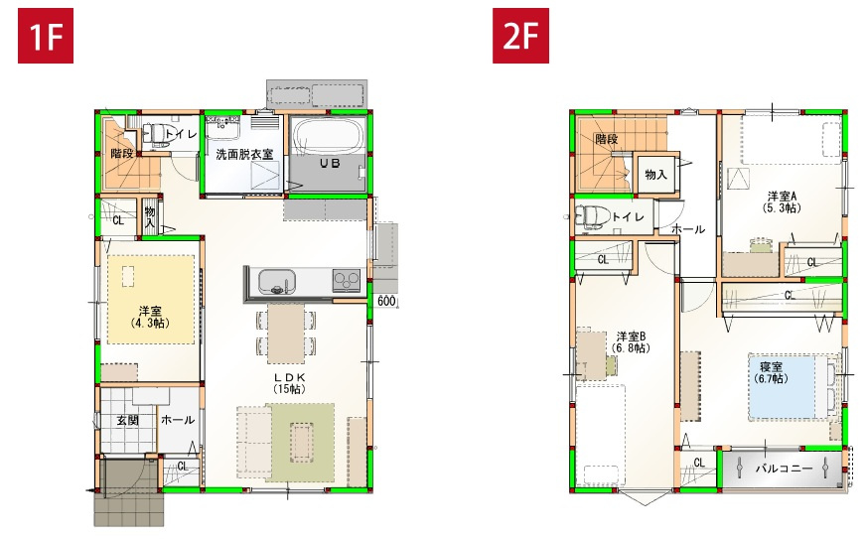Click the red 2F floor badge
click(x=520, y=37)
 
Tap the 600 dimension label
click(x=386, y=302)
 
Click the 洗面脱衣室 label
click(x=244, y=155)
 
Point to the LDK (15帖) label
click(x=287, y=384)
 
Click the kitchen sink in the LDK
click(x=275, y=282)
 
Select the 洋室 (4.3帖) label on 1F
click(x=150, y=317)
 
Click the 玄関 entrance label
click(x=128, y=421)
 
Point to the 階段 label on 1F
click(x=122, y=154)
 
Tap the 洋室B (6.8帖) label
click(x=631, y=341)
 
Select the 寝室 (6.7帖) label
click(x=771, y=372)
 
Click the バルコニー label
click(x=784, y=468)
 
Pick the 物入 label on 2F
click(x=655, y=175)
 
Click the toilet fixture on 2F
click(x=592, y=217)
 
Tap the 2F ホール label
click(x=687, y=229)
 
